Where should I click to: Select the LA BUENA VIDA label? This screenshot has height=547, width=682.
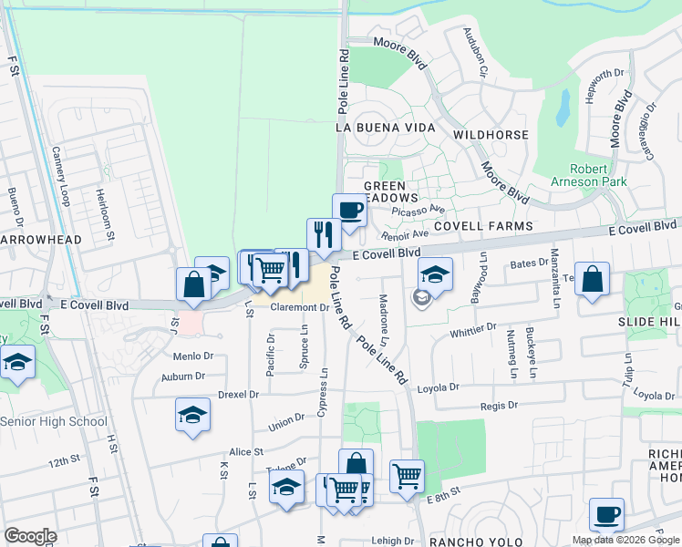pyautogui.click(x=385, y=128)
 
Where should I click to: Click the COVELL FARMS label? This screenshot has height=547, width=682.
pyautogui.click(x=482, y=225)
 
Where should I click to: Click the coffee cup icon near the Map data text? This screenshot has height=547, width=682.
pyautogui.click(x=606, y=515)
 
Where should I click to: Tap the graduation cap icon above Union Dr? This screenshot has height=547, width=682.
pyautogui.click(x=192, y=415)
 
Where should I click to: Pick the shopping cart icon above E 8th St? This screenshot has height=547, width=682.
pyautogui.click(x=406, y=475)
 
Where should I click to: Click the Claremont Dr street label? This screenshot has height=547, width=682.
pyautogui.click(x=298, y=308)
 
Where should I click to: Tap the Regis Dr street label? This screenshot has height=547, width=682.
pyautogui.click(x=501, y=405)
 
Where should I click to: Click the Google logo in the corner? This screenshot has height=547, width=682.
pyautogui.click(x=31, y=536)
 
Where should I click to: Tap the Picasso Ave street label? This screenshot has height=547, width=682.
pyautogui.click(x=425, y=209)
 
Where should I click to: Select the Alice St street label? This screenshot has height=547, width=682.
pyautogui.click(x=245, y=451)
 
